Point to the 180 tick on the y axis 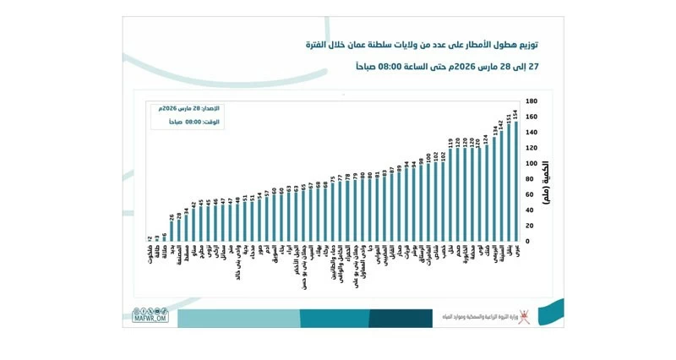(532, 101)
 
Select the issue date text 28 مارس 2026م (173, 108)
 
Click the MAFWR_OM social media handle (151, 318)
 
